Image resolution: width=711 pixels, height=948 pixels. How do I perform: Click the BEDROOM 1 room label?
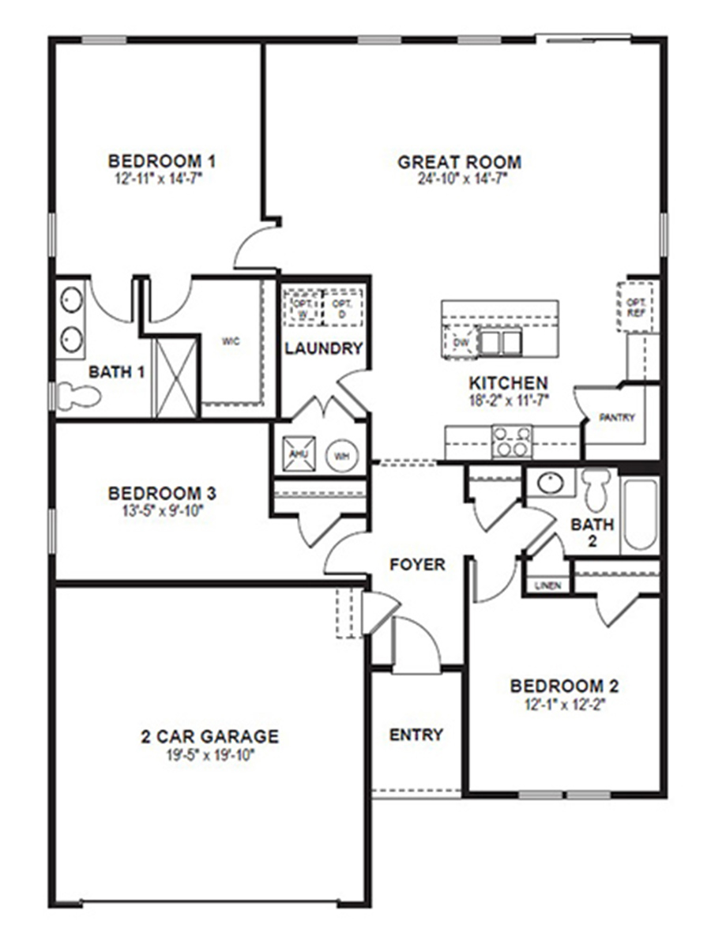(162, 161)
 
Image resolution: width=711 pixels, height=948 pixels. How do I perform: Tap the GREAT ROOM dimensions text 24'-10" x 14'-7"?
(462, 179)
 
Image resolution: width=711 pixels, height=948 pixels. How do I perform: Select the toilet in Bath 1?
(77, 395)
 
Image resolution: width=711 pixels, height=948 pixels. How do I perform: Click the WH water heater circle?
(342, 456)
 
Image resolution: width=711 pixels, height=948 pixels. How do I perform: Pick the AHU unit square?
(299, 454)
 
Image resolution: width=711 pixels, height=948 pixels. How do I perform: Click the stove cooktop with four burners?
(510, 441)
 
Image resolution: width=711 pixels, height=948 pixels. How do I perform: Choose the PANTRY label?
(617, 417)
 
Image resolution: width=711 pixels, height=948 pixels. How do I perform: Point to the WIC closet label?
(231, 341)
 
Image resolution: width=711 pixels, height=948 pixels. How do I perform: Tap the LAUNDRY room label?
(324, 348)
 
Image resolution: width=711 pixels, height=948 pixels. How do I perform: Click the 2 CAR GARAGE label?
(209, 736)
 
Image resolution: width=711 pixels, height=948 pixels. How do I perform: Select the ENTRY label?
(416, 735)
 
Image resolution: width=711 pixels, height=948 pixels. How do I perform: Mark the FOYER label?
(417, 565)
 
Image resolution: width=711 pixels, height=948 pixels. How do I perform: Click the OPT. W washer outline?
(303, 306)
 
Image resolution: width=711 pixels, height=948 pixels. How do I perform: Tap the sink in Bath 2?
(546, 483)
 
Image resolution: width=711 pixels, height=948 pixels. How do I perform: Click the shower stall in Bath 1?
(175, 377)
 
